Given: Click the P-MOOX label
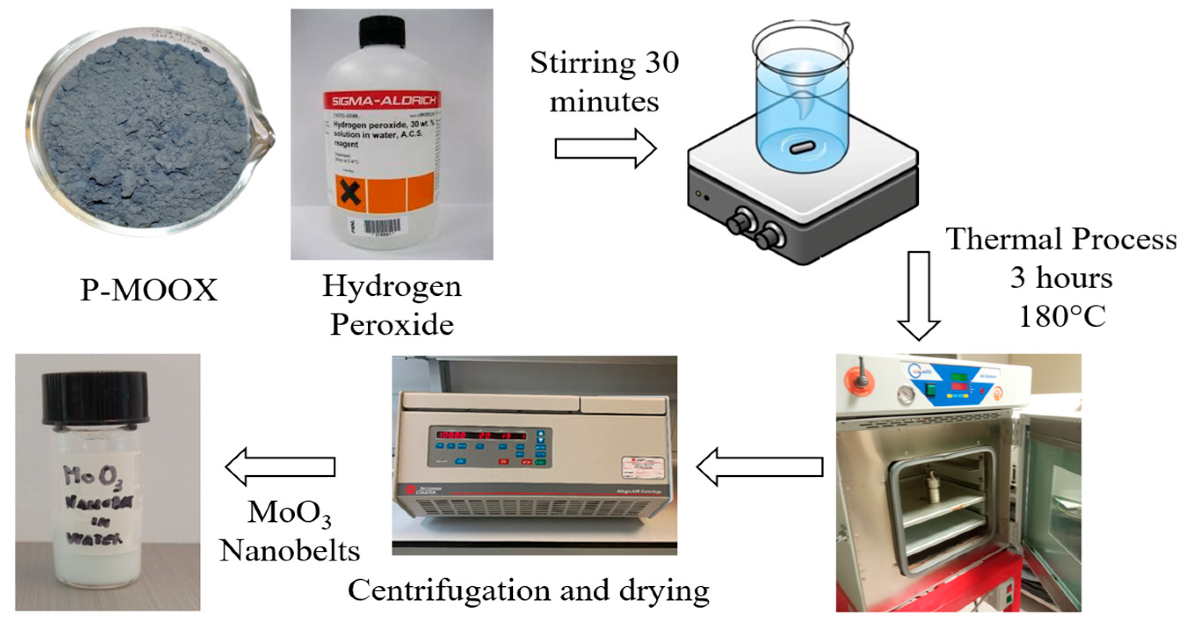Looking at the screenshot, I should click(x=149, y=290).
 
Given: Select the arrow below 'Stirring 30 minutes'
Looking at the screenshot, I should click(x=605, y=148).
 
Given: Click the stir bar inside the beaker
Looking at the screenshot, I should click(x=803, y=147).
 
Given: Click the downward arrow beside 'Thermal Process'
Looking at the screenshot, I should click(x=919, y=294).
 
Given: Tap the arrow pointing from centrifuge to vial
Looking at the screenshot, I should click(x=281, y=466).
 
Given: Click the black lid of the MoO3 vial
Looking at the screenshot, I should click(x=95, y=398).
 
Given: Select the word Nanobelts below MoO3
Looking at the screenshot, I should click(x=290, y=551).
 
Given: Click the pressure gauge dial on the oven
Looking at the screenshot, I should click(x=906, y=395).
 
